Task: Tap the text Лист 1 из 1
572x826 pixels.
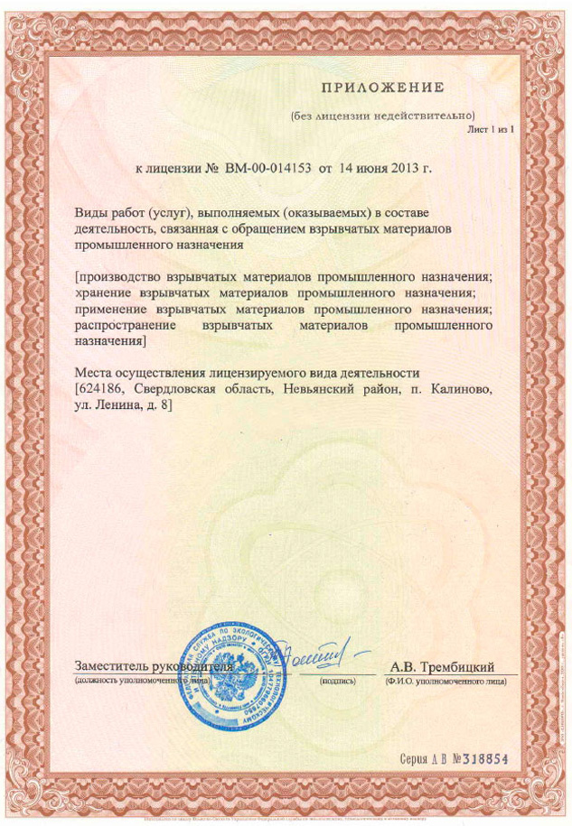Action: tap(490, 130)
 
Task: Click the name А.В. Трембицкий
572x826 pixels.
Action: tap(443, 666)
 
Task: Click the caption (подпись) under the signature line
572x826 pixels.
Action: tap(338, 681)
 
